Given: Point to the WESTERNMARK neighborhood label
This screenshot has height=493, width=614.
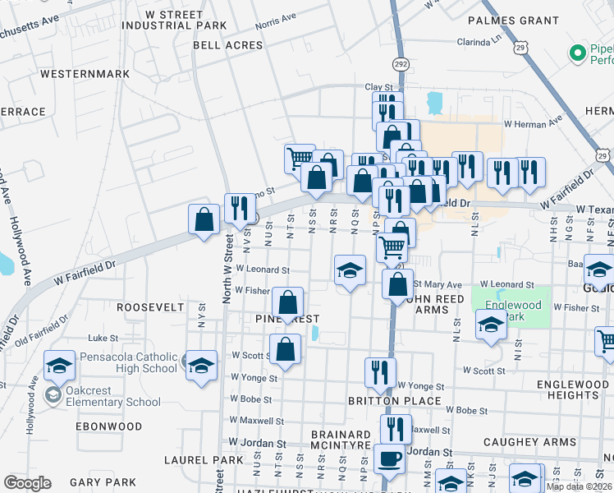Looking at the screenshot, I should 85,74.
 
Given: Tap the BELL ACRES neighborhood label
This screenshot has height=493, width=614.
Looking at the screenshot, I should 227,45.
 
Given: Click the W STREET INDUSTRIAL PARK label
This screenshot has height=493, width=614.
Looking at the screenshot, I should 174,20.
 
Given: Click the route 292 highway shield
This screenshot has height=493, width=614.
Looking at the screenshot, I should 400,62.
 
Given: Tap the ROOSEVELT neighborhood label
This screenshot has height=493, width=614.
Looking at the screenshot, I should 150,306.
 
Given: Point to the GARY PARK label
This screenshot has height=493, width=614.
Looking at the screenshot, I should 103,481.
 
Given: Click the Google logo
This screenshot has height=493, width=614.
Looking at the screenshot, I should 27,482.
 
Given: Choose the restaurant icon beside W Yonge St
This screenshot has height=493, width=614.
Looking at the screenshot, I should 380,372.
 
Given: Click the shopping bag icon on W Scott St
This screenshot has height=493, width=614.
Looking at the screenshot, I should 285,350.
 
